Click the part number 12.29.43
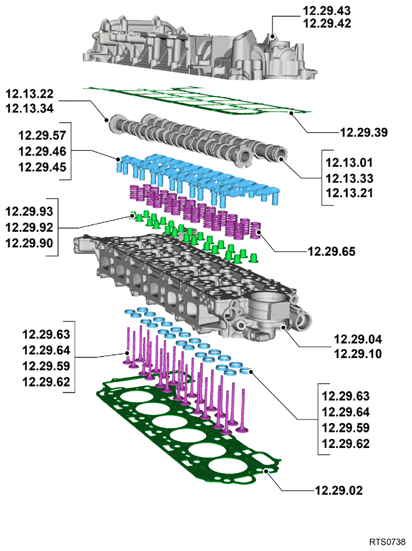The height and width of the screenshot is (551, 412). (327, 11)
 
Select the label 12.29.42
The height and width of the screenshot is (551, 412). (327, 23)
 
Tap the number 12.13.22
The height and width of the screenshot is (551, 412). (30, 94)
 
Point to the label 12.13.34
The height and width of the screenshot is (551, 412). (30, 108)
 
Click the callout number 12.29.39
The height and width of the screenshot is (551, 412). (364, 132)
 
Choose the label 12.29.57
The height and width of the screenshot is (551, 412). (42, 135)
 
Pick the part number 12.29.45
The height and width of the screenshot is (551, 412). (42, 167)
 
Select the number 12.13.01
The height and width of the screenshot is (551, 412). (349, 163)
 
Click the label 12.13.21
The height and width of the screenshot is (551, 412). (349, 193)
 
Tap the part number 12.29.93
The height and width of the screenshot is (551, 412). (29, 211)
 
